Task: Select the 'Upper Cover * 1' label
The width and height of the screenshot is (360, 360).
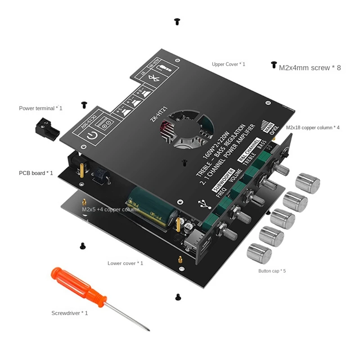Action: click(229, 64)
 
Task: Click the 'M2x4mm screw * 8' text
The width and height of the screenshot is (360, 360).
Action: click(310, 68)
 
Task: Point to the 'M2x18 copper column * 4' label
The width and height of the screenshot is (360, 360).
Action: click(313, 128)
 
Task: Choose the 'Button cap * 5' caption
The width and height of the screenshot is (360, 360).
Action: click(272, 271)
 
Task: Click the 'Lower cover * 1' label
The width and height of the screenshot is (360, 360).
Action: click(125, 263)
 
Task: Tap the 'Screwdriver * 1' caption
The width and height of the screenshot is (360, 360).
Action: click(70, 313)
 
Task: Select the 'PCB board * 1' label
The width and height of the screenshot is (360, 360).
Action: click(36, 173)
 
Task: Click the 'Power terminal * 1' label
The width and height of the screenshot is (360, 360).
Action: click(40, 108)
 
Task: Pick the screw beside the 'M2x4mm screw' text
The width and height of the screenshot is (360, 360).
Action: click(273, 65)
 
